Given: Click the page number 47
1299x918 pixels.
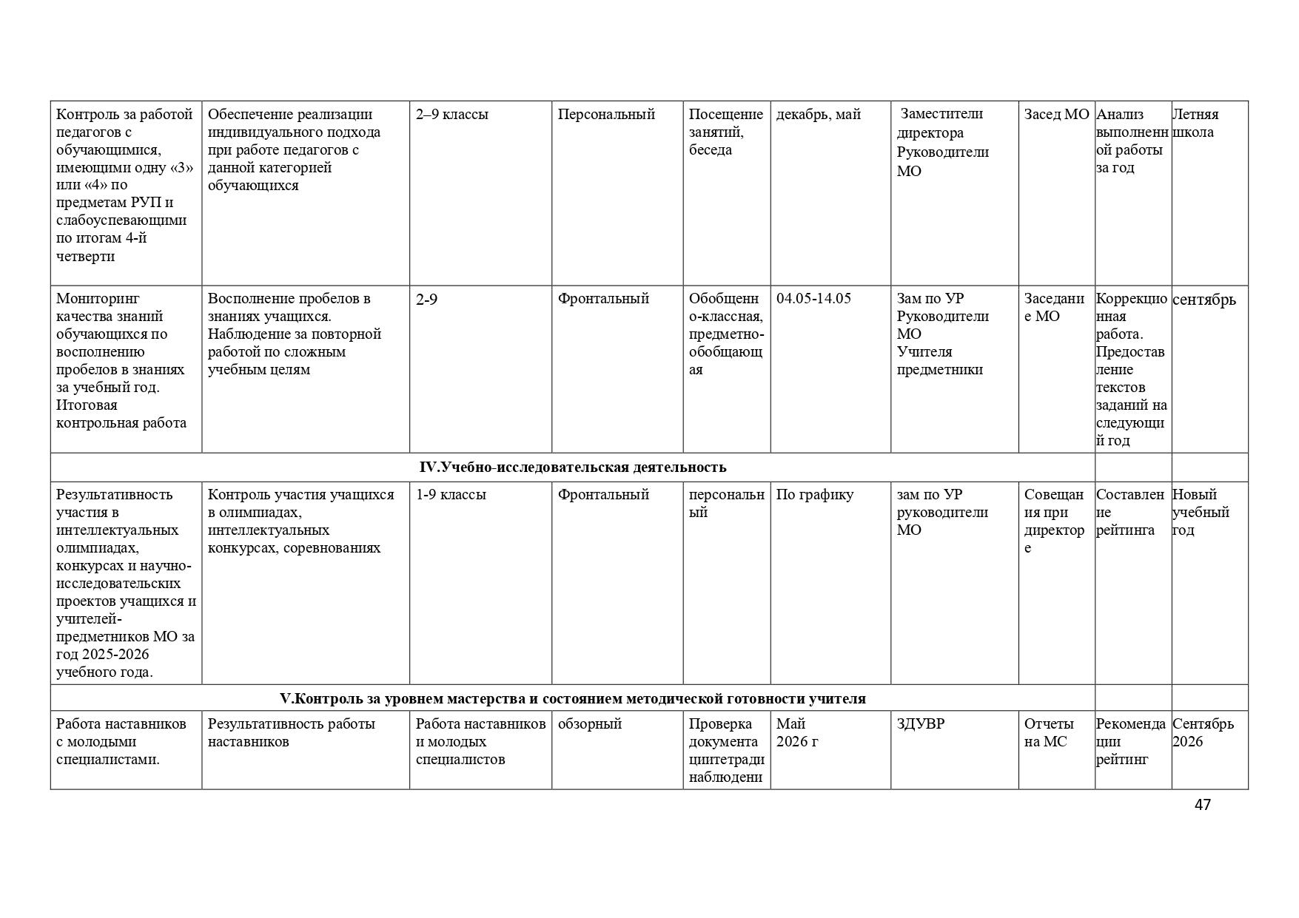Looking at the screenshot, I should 1202,805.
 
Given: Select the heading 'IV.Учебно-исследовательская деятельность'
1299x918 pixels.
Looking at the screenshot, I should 572,468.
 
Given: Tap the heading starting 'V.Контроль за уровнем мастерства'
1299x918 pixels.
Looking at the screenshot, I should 572,699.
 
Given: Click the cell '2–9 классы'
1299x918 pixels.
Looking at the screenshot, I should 452,115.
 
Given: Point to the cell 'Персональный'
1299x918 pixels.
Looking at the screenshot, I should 606,115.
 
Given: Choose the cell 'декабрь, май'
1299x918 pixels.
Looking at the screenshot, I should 818,115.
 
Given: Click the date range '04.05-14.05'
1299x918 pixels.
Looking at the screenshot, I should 813,299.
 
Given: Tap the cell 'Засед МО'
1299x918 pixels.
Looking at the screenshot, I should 1056,115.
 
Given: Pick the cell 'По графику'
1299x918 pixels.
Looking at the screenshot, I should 814,495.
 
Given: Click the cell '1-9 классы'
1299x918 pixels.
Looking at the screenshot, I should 451,495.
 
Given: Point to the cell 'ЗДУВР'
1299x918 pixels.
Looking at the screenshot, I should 921,724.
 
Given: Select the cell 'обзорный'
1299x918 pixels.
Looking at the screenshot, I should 589,724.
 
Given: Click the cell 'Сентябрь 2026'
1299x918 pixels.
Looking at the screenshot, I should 1203,733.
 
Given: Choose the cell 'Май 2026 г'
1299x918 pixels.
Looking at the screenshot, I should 796,733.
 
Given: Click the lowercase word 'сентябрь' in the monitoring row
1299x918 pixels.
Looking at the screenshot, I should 1204,300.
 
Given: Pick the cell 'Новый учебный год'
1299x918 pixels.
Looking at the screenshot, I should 1201,513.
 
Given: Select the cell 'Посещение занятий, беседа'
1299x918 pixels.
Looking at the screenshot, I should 725,132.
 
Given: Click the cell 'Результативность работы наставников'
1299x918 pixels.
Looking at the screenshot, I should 291,733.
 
